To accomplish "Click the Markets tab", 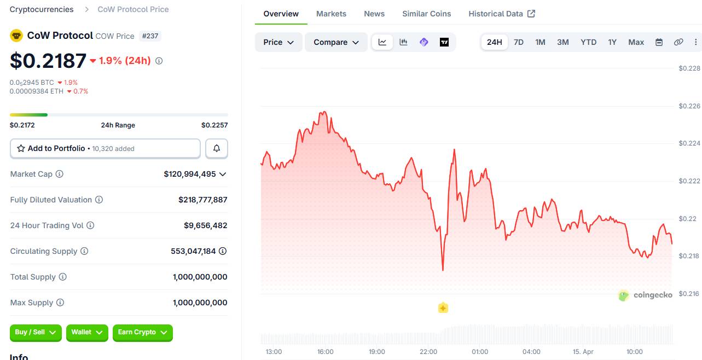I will (x=331, y=14).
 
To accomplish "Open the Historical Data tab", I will (x=501, y=14).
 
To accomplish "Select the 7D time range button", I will (x=518, y=42).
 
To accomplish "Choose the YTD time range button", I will (x=588, y=42).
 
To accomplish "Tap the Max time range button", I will (x=636, y=42).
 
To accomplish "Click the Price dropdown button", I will (x=279, y=42).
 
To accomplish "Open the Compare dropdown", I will (x=336, y=42).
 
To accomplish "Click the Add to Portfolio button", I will (x=105, y=148).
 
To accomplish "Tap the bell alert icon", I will (x=217, y=148).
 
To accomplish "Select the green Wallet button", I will (x=87, y=332).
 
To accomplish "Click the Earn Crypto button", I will (x=142, y=332).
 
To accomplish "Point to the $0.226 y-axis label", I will (x=689, y=106).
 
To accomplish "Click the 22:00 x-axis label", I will (x=428, y=351).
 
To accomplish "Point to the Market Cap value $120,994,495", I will (x=189, y=174).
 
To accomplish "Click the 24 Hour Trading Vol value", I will (x=205, y=225).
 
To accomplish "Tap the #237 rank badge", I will (x=150, y=36).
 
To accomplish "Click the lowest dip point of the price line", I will (x=443, y=270).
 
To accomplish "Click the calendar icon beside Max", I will (x=659, y=42).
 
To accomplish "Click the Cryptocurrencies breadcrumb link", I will (x=42, y=9).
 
